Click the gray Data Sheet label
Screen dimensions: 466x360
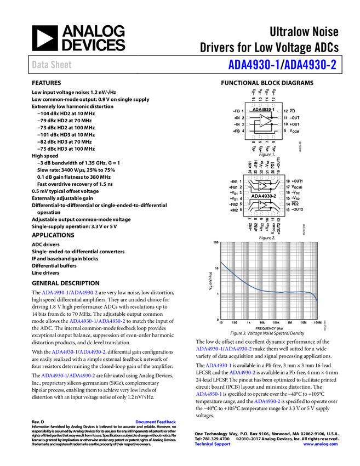pyautogui.click(x=52, y=65)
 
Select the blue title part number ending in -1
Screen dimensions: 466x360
pyautogui.click(x=254, y=65)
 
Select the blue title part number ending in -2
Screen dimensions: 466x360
pyautogui.click(x=311, y=65)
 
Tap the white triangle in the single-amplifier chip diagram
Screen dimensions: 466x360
pyautogui.click(x=265, y=121)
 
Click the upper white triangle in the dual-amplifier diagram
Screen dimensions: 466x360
pyautogui.click(x=262, y=186)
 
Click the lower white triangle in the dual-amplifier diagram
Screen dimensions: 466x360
pyautogui.click(x=262, y=205)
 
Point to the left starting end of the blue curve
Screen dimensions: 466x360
pyautogui.click(x=223, y=264)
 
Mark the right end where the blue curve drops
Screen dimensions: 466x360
pyautogui.click(x=318, y=301)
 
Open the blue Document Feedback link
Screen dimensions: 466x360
pyautogui.click(x=156, y=422)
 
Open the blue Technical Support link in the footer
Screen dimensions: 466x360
pyautogui.click(x=213, y=444)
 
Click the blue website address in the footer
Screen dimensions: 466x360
pyautogui.click(x=320, y=444)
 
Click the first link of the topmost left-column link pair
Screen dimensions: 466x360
pyautogui.click(x=54, y=293)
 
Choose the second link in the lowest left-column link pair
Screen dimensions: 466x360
pyautogui.click(x=83, y=376)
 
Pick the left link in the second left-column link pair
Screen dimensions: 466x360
pyautogui.click(x=82, y=321)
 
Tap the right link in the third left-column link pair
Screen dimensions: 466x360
pyautogui.click(x=93, y=351)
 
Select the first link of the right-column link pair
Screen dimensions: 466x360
pyautogui.click(x=208, y=349)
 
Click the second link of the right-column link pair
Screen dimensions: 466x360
pyautogui.click(x=238, y=349)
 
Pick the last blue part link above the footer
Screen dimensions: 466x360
pyautogui.click(x=267, y=401)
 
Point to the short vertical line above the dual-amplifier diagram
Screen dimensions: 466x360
pyautogui.click(x=271, y=164)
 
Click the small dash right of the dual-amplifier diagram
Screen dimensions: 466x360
pyautogui.click(x=294, y=202)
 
